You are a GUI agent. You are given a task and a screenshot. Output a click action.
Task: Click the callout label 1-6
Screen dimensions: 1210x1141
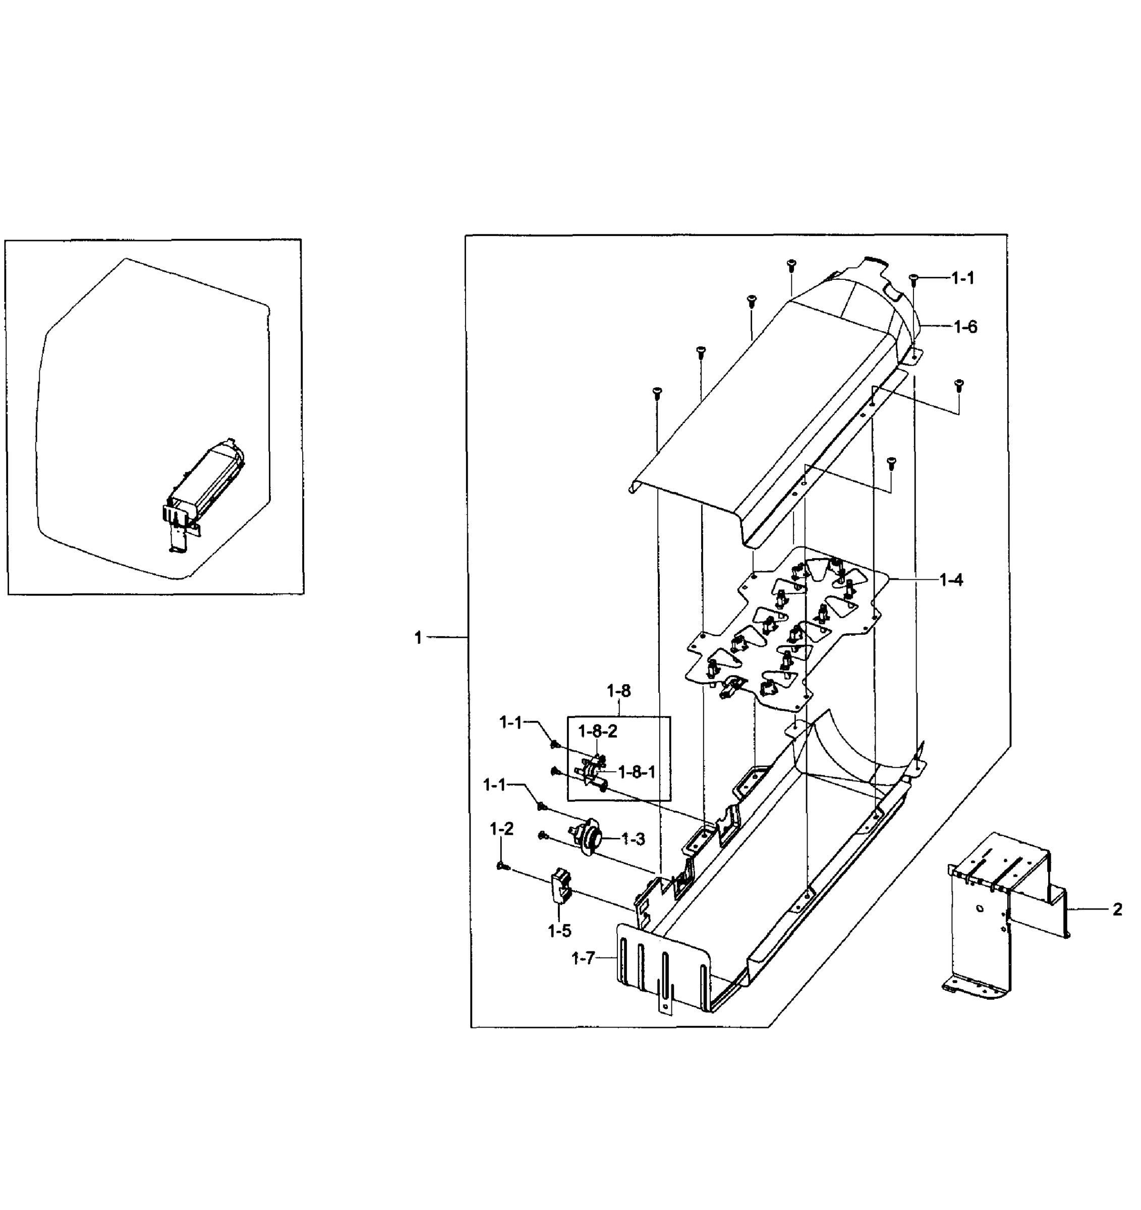click(x=964, y=327)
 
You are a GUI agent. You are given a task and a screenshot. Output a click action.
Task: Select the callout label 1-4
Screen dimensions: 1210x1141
click(x=951, y=580)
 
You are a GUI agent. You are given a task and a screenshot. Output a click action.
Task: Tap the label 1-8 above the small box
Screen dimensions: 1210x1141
click(x=618, y=691)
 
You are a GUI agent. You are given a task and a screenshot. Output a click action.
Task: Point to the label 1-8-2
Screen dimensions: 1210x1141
click(x=597, y=731)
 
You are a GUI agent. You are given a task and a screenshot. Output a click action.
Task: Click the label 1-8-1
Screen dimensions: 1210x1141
click(x=637, y=772)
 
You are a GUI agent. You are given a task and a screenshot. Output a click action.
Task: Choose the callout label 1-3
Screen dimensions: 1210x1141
click(x=633, y=839)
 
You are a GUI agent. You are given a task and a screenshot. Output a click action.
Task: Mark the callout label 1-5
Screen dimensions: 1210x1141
click(x=559, y=931)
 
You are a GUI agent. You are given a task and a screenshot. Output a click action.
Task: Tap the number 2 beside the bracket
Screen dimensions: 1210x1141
click(x=1117, y=910)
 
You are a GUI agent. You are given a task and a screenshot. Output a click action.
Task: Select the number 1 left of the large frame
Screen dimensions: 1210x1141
click(x=418, y=637)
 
